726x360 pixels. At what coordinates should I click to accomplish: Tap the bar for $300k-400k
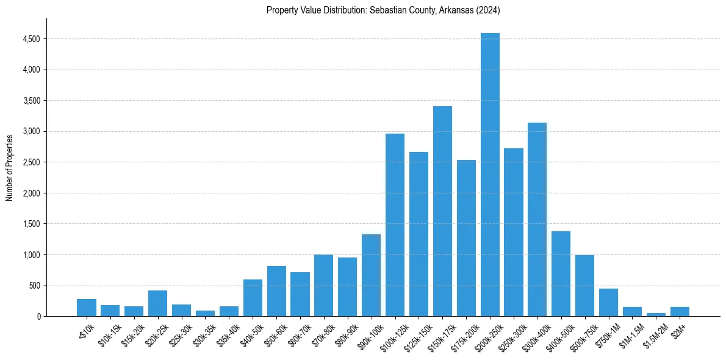537,220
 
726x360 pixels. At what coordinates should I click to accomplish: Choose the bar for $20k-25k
157,303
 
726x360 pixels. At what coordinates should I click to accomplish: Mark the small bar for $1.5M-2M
656,314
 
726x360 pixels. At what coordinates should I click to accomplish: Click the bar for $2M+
680,311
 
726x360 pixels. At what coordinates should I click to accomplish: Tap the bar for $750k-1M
608,302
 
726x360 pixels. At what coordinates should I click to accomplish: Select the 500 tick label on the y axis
35,286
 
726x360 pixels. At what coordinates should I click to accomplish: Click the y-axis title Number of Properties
9,167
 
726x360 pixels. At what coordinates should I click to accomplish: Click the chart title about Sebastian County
383,10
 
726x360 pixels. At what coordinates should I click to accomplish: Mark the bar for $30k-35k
205,313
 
